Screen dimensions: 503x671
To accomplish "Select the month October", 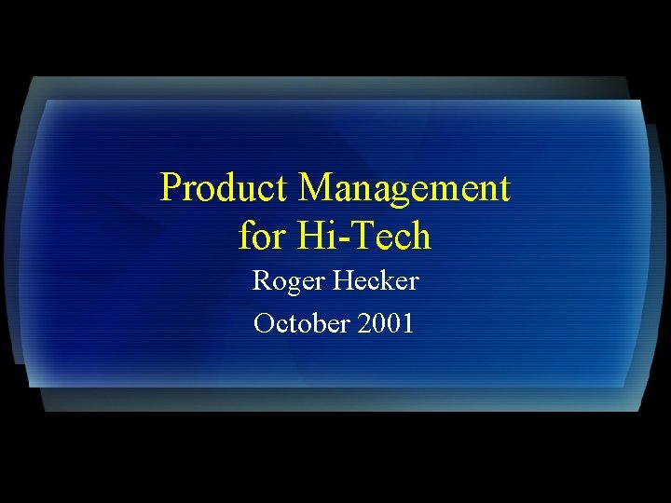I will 299,324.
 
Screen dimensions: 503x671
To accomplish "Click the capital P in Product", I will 171,188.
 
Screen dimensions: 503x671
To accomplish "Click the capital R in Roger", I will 262,279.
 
